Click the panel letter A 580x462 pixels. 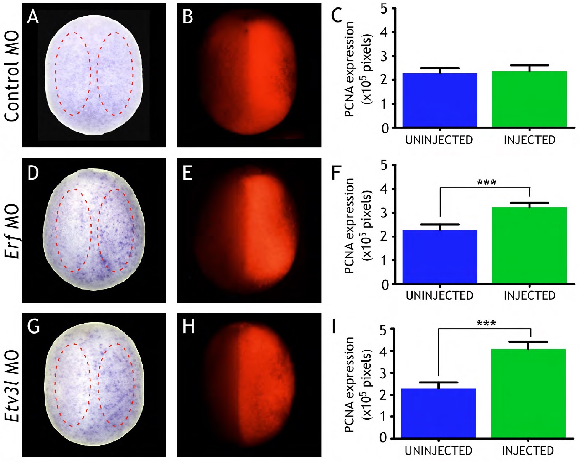tap(33, 17)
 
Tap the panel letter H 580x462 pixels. tap(188, 326)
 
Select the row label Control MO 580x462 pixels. tap(12, 76)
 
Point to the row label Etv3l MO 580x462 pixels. tap(12, 385)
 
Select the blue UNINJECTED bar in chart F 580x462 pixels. tap(440, 257)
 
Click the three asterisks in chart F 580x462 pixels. tap(486, 183)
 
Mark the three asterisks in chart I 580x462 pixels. tap(486, 324)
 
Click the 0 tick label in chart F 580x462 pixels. tap(385, 285)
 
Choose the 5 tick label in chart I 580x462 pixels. tap(383, 330)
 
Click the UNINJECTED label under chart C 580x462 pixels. tap(439, 140)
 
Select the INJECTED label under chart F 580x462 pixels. tap(529, 295)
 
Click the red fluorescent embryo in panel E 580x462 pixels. tap(249, 231)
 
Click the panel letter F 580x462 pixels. tap(336, 173)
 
